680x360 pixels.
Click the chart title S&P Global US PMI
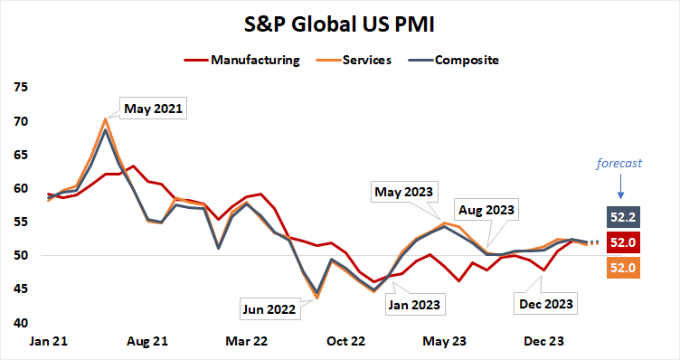point(339,24)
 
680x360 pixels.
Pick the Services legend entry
point(366,61)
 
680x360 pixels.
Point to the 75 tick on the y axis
point(20,88)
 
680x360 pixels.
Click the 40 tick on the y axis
point(20,323)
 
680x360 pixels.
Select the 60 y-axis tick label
point(20,189)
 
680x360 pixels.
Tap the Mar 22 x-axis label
point(246,342)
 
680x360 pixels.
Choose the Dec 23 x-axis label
point(544,342)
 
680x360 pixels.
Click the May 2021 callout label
point(152,109)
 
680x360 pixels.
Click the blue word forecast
point(621,164)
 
